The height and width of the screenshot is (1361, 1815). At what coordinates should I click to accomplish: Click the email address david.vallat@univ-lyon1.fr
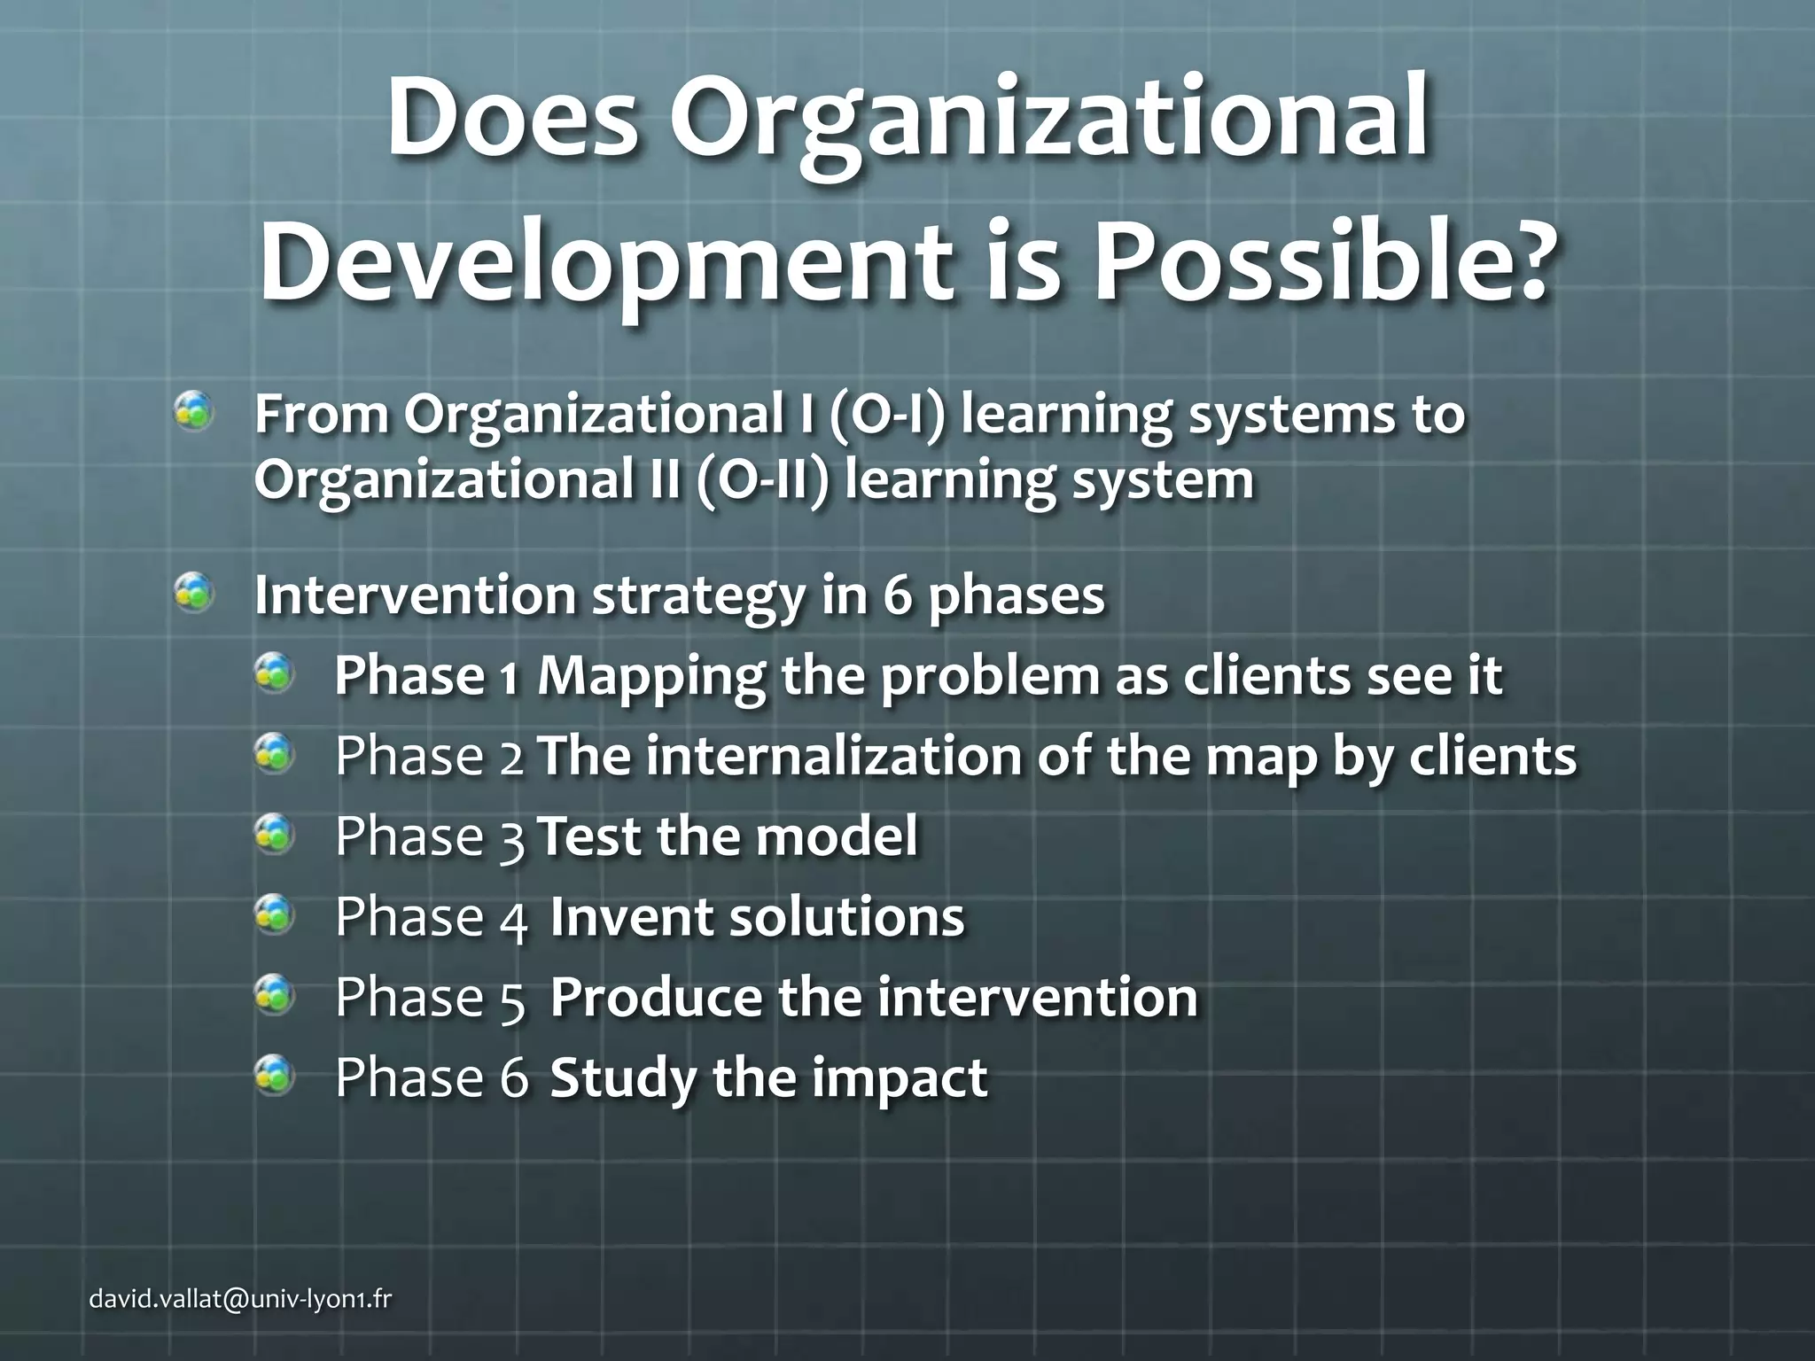point(240,1299)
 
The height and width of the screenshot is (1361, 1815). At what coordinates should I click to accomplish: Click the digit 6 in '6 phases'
point(897,595)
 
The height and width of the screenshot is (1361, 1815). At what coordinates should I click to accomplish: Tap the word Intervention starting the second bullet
point(415,595)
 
